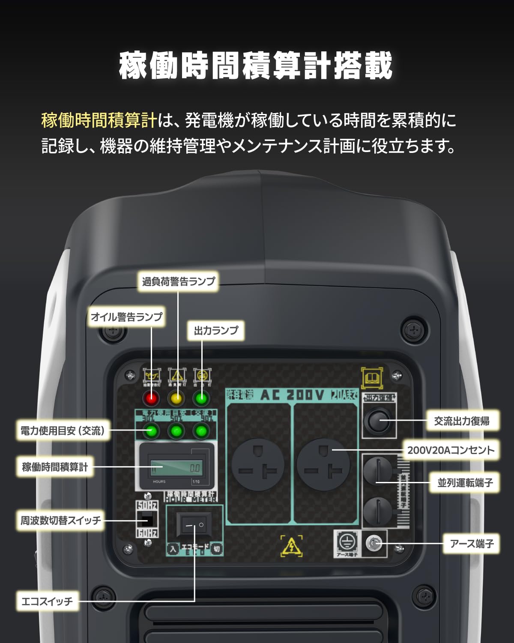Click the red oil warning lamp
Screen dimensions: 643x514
[151, 399]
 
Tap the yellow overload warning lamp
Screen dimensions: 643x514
[176, 399]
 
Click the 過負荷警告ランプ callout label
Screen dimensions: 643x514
[178, 281]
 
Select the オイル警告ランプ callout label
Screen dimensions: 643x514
[126, 317]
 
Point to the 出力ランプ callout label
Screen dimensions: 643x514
[216, 330]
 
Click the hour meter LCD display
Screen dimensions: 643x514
[176, 468]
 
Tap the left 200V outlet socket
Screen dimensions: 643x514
[258, 465]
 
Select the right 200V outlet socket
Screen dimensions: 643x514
[323, 465]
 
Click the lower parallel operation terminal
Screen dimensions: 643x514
[377, 511]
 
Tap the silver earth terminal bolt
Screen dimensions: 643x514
[374, 544]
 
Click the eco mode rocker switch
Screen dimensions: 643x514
[194, 525]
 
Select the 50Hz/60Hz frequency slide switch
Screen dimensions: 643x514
[146, 519]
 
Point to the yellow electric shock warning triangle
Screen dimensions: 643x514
[291, 547]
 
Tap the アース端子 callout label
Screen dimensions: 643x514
[471, 544]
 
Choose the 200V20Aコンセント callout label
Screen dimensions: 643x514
[451, 450]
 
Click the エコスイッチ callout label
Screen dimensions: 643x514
[47, 601]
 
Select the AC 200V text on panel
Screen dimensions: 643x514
[292, 395]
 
